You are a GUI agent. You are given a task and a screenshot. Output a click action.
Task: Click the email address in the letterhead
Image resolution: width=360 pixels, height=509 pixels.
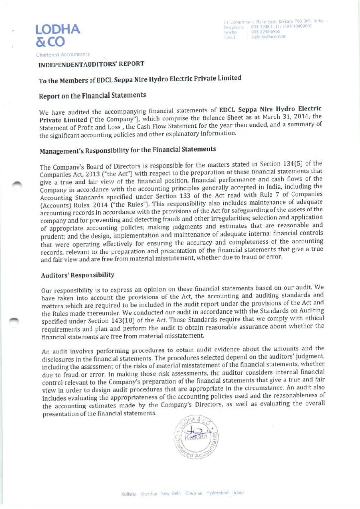269,36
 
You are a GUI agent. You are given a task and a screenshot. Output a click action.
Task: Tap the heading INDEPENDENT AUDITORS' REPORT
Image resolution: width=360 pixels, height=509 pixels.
91,64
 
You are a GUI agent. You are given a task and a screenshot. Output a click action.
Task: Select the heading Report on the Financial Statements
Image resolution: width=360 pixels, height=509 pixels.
92,94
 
